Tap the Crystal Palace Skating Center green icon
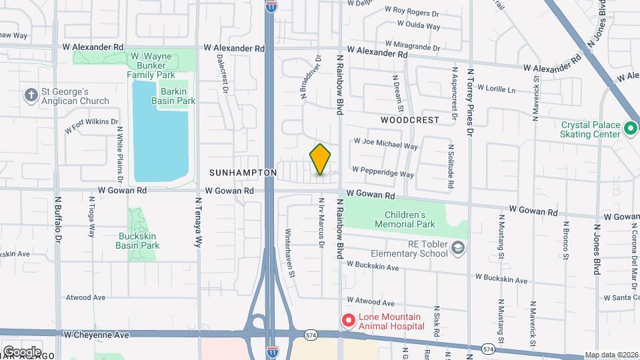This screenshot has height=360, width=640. [x=629, y=127]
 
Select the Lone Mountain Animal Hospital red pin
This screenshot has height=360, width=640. [x=347, y=321]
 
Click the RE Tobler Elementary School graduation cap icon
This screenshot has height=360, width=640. [x=458, y=248]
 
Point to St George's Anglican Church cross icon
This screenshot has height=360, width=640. [x=30, y=95]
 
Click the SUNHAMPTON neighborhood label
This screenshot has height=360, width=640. [x=243, y=173]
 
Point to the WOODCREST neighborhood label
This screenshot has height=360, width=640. [x=410, y=120]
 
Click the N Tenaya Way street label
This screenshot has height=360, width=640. [x=198, y=222]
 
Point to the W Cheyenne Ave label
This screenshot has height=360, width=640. [x=96, y=335]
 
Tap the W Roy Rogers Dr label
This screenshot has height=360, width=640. [x=412, y=11]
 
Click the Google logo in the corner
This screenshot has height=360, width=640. [x=22, y=351]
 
